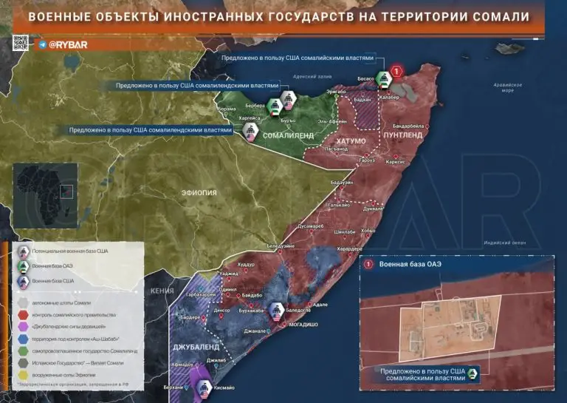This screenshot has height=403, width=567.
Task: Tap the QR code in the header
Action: [x=21, y=43]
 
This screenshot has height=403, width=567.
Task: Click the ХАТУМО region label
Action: [x=351, y=140]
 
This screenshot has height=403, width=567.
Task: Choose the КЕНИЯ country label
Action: [x=162, y=291]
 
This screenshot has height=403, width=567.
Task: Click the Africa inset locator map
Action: [x=45, y=189]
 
